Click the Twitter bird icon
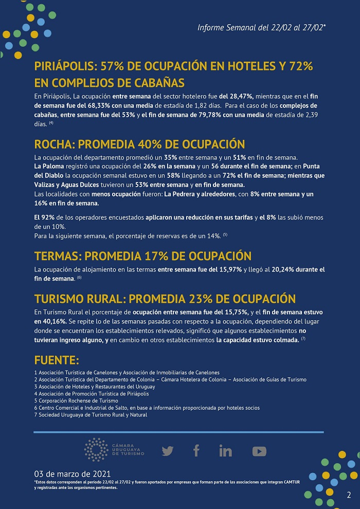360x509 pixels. [168, 451]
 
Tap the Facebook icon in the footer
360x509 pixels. [196, 451]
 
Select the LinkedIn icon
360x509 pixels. [225, 451]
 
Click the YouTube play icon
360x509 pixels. [259, 451]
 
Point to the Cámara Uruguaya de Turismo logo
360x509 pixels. [114, 450]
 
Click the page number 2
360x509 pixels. [349, 495]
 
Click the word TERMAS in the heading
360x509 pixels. [57, 256]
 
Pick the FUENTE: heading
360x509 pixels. [57, 359]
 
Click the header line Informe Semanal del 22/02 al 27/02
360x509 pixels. [261, 27]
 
